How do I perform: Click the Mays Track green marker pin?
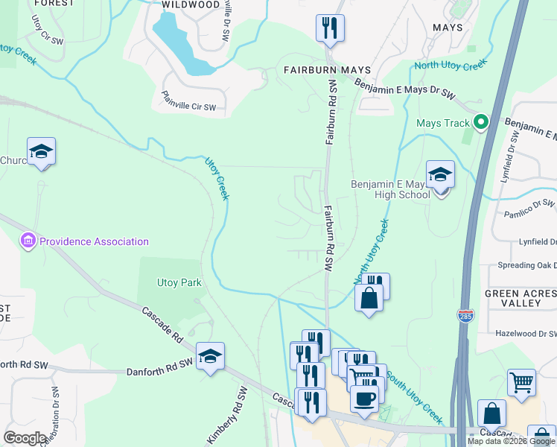pyautogui.click(x=481, y=122)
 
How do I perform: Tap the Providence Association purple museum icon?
pyautogui.click(x=28, y=241)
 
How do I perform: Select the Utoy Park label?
pyautogui.click(x=179, y=282)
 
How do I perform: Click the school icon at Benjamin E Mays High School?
pyautogui.click(x=440, y=177)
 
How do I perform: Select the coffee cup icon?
pyautogui.click(x=363, y=399)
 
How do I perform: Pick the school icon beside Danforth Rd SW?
pyautogui.click(x=211, y=357)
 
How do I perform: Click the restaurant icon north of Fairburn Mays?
pyautogui.click(x=328, y=28)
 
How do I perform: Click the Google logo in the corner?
pyautogui.click(x=25, y=438)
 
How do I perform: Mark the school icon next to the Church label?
pyautogui.click(x=41, y=152)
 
